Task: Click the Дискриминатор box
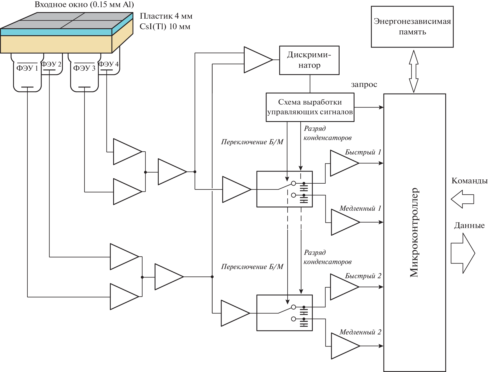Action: click(309, 60)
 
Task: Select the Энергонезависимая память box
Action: click(412, 27)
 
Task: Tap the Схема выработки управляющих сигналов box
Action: click(310, 107)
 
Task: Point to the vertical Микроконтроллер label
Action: click(414, 233)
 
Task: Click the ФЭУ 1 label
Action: click(27, 68)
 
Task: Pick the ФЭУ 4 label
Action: click(108, 64)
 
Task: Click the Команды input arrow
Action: click(462, 199)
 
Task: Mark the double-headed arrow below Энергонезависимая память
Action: click(414, 71)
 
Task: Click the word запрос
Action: click(364, 85)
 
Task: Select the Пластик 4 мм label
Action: click(166, 16)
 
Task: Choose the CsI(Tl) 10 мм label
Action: click(165, 27)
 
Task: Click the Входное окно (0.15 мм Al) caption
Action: click(84, 4)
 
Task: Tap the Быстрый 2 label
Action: click(363, 276)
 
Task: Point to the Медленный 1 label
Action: click(360, 208)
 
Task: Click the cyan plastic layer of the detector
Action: click(56, 32)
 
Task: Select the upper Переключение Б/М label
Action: click(252, 142)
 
